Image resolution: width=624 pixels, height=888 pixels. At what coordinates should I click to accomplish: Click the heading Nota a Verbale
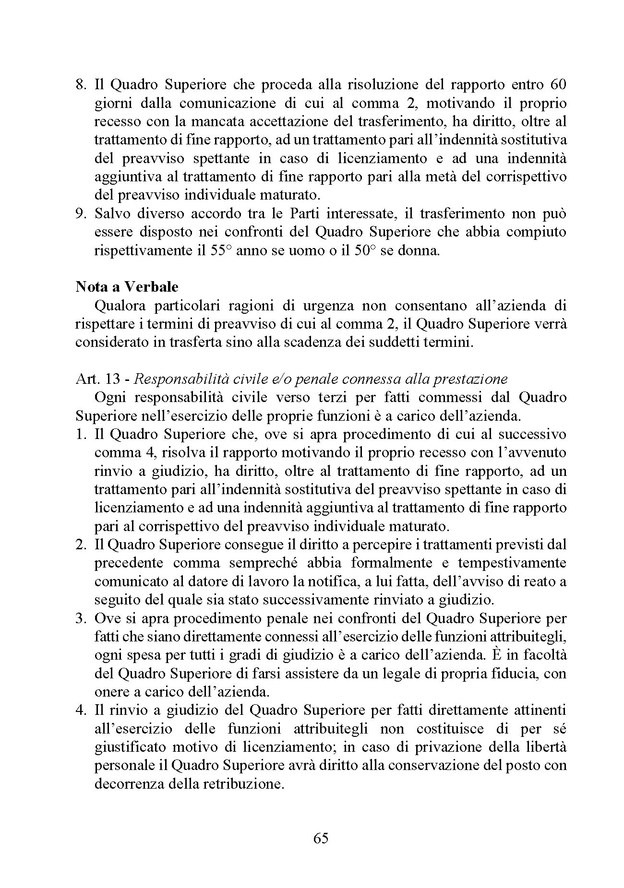[x=127, y=287]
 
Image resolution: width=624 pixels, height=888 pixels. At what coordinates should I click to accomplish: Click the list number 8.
[x=81, y=85]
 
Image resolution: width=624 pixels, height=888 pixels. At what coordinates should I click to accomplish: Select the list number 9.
[x=81, y=213]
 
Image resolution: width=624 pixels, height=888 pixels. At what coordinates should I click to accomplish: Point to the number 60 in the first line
[x=557, y=85]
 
